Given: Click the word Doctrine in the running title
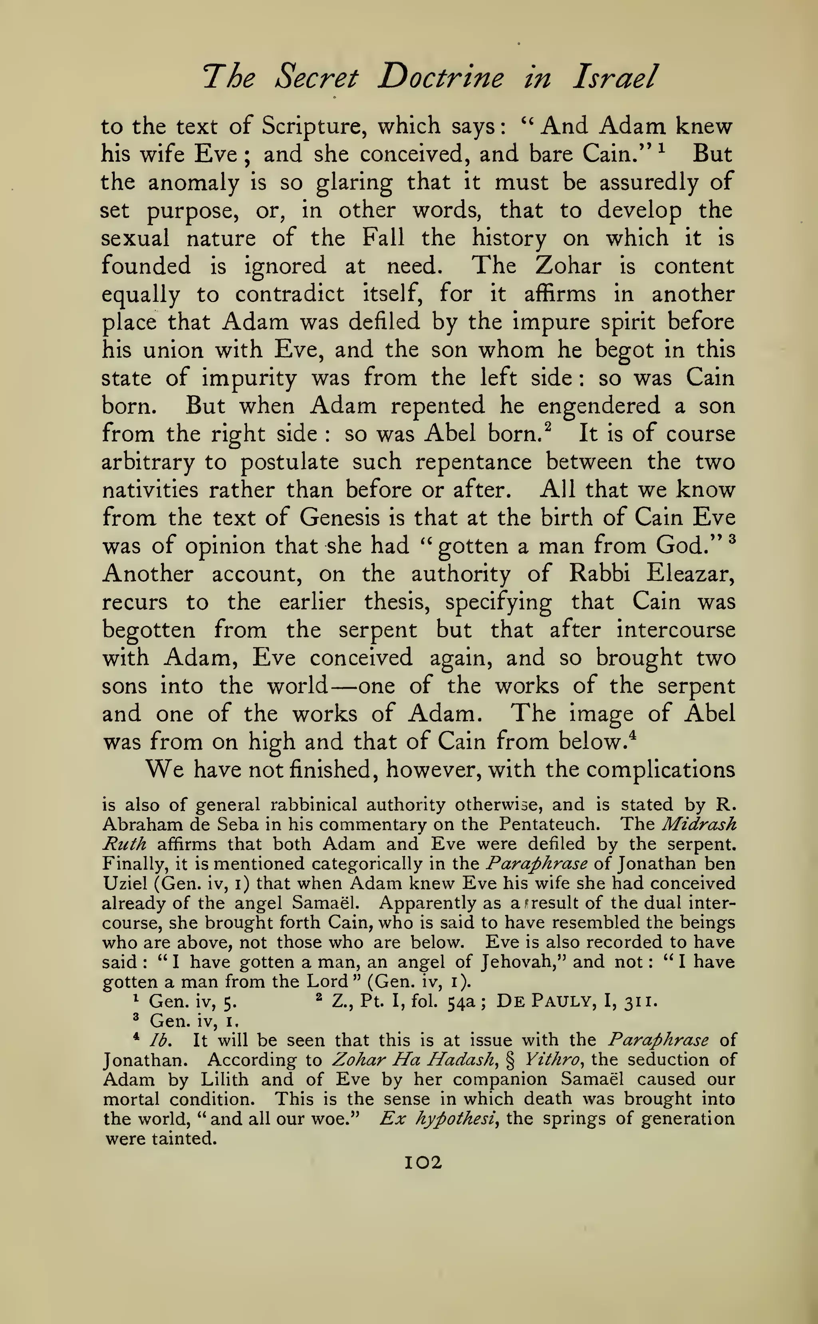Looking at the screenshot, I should [x=441, y=77].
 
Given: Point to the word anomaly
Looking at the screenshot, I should [x=193, y=182].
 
